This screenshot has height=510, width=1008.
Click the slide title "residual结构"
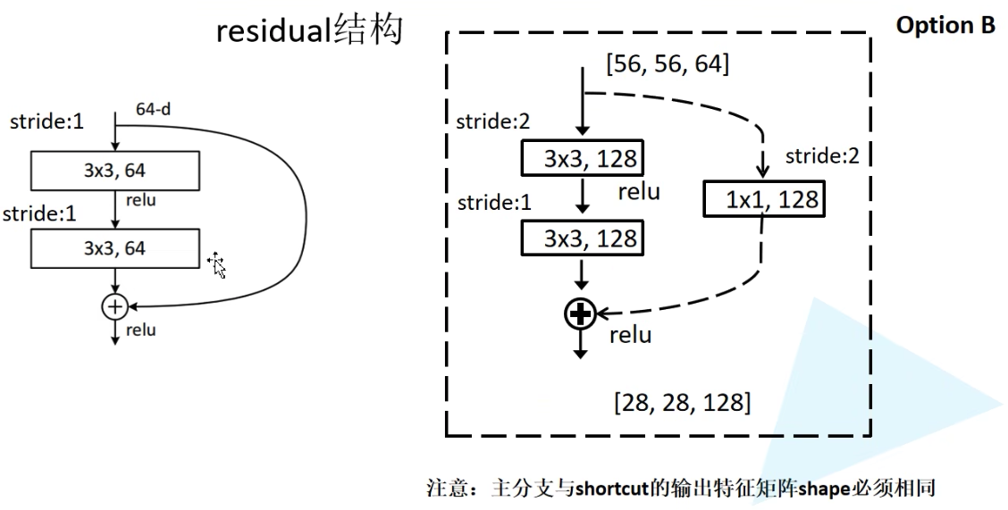tap(309, 31)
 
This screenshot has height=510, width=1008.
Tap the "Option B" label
tap(945, 25)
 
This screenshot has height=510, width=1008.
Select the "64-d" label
tap(153, 109)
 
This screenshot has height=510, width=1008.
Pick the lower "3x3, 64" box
tap(114, 248)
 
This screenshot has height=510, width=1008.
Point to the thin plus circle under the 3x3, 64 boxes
tap(114, 306)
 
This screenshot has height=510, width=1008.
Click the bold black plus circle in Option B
tap(581, 314)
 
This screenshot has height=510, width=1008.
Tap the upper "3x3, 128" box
tap(582, 160)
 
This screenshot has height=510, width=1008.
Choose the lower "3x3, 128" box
tap(582, 238)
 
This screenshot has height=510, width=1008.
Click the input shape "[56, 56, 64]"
tap(668, 64)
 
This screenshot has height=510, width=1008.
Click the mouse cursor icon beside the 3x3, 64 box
tap(216, 264)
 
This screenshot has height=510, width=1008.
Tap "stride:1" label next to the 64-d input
tap(48, 121)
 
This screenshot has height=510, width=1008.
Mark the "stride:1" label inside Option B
tap(494, 202)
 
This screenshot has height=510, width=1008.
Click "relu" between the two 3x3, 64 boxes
tap(141, 200)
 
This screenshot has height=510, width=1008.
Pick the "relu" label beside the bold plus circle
tap(630, 336)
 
